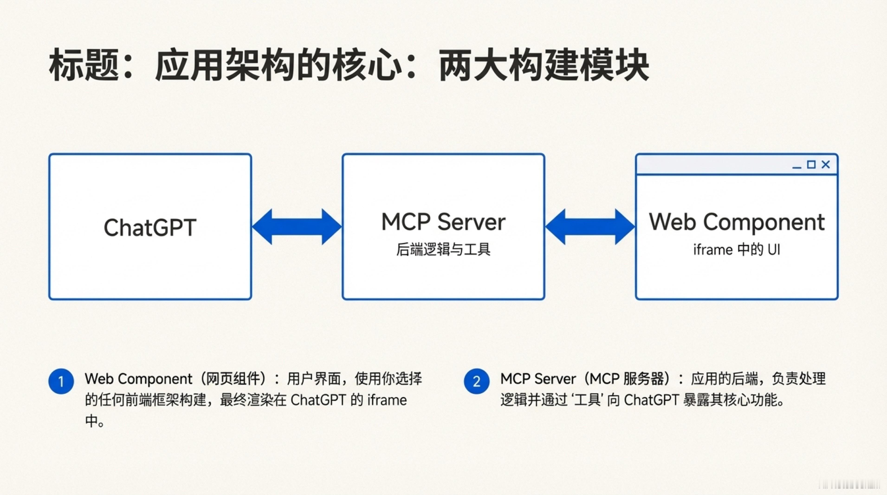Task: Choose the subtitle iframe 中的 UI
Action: tap(737, 249)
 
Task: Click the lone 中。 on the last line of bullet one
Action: tap(95, 421)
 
